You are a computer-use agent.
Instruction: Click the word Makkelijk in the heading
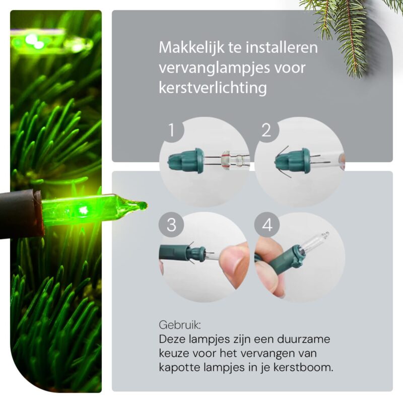coord(192,47)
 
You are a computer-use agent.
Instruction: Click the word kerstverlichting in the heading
coord(213,88)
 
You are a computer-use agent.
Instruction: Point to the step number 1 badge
coord(171,130)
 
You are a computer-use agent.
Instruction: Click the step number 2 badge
coord(266,130)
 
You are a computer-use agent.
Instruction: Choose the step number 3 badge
coord(171,225)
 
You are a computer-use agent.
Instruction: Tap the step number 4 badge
coord(267,225)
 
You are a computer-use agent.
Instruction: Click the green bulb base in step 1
coord(186,161)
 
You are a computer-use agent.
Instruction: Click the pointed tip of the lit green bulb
coord(146,205)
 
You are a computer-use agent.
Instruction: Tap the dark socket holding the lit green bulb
coord(21,213)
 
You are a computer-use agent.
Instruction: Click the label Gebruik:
coord(180,325)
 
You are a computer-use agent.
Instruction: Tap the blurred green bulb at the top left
coord(51,42)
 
